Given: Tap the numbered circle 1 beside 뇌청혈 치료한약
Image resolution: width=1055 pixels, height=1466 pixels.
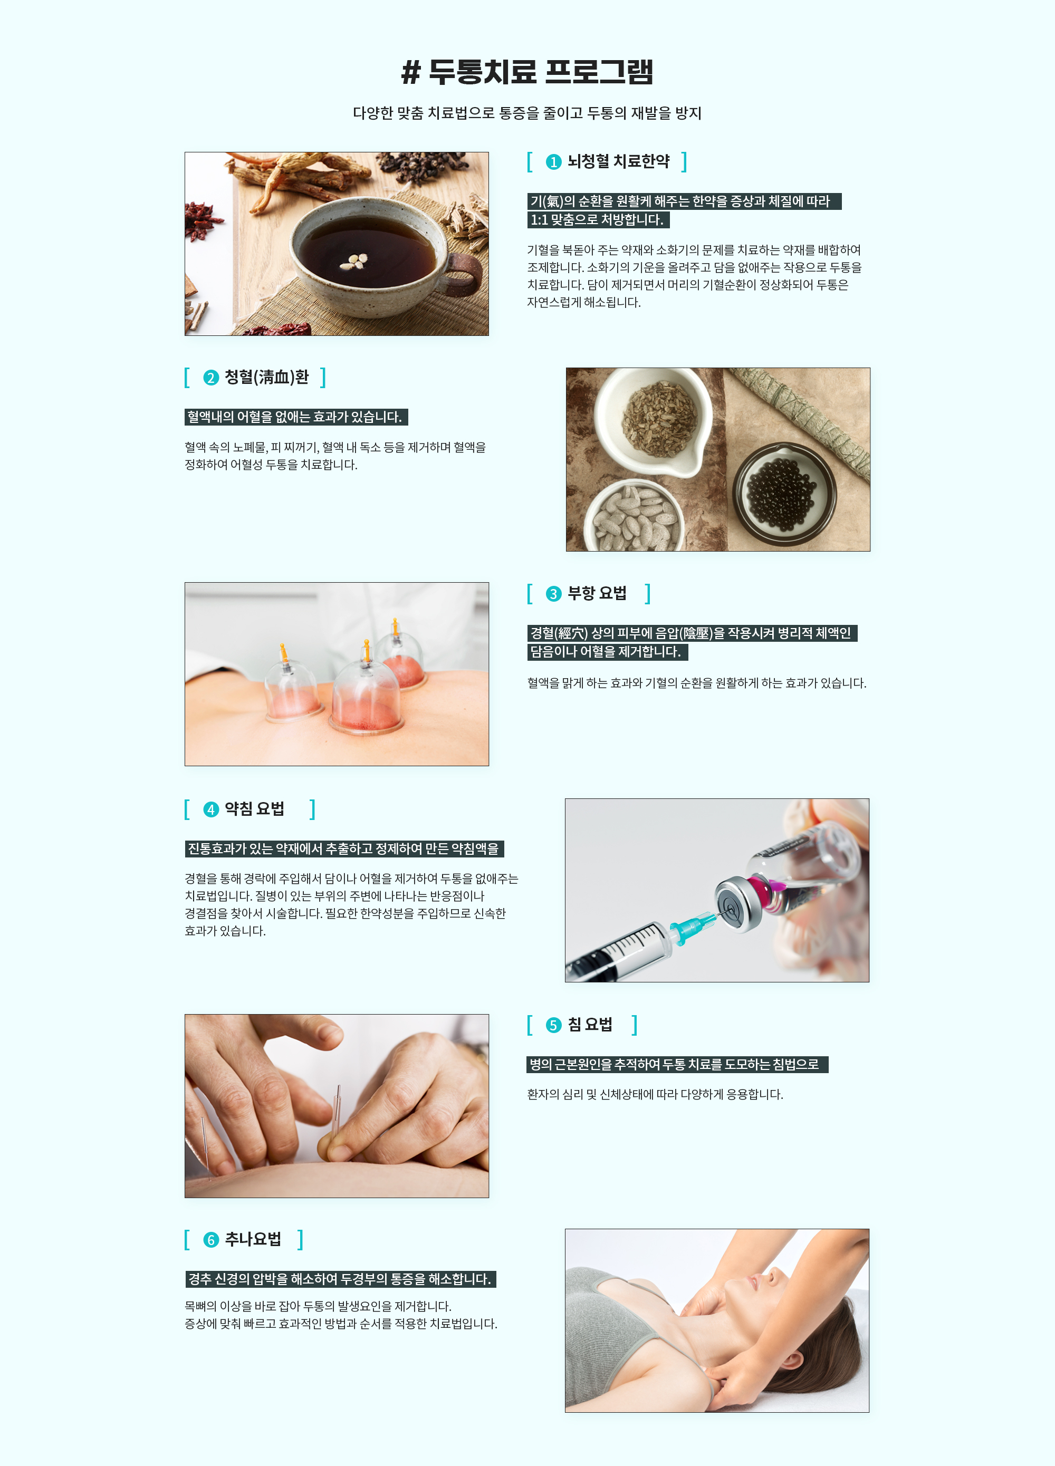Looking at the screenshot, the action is click(553, 161).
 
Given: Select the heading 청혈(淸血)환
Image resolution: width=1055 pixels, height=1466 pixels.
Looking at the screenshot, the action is click(266, 377).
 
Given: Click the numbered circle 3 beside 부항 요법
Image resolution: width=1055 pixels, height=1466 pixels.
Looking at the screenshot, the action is click(553, 593).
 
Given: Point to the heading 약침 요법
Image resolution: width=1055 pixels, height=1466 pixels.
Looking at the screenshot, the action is click(255, 808).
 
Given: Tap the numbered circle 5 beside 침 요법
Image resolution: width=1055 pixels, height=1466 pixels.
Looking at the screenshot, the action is click(553, 1025).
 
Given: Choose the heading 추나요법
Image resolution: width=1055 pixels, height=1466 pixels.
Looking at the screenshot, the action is click(253, 1239).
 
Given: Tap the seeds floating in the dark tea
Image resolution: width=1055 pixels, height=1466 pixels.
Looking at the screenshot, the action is click(354, 261).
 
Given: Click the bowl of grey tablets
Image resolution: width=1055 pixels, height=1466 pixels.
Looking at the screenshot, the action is click(634, 516).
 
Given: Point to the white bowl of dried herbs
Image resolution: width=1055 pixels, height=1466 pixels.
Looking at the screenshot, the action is click(654, 420).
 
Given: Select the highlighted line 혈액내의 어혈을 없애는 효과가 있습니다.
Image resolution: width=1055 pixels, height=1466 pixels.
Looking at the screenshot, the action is click(296, 417).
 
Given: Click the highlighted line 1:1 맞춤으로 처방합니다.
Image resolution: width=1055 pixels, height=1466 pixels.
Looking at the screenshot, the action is click(598, 220).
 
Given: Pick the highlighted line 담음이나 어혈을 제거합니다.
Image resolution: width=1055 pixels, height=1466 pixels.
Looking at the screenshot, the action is click(607, 652).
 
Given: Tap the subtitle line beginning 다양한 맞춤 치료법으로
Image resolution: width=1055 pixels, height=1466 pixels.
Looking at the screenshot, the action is click(527, 113).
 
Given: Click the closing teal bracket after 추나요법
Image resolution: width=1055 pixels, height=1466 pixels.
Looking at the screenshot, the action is click(300, 1239).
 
